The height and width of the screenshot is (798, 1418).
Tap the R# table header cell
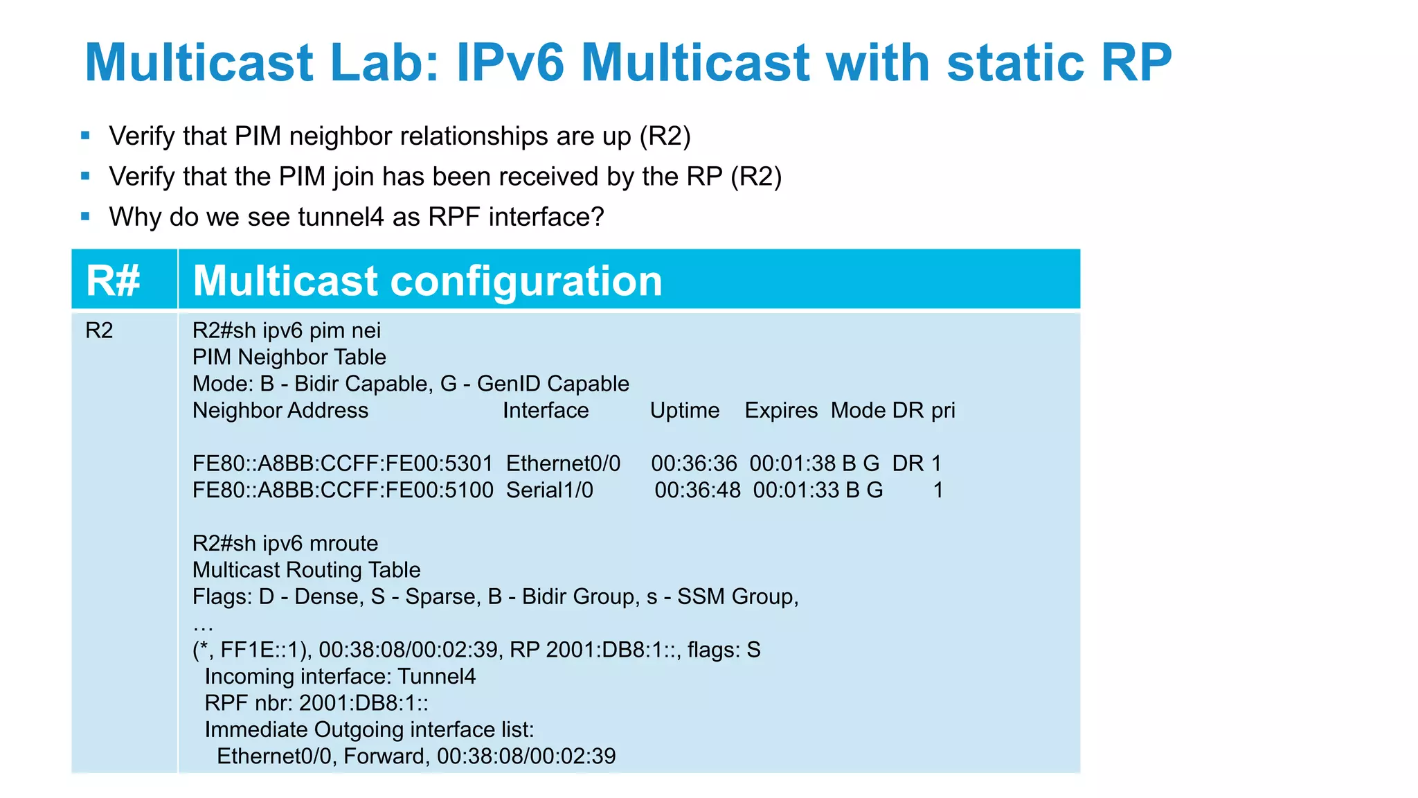coord(113,281)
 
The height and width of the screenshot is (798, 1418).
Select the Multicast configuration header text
coord(427,281)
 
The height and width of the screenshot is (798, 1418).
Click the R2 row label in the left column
coord(99,330)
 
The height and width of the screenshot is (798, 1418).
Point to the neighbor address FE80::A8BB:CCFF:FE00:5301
coord(342,463)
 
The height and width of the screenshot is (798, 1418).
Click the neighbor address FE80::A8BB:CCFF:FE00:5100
coord(342,490)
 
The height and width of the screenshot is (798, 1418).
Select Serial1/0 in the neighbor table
coord(549,490)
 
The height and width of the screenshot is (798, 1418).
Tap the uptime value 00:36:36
coord(694,463)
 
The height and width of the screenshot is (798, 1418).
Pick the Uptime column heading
coord(684,410)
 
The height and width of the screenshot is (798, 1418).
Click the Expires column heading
coord(781,410)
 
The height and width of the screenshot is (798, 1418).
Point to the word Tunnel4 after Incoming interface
coord(437,676)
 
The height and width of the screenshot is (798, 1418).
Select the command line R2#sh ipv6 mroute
coord(285,543)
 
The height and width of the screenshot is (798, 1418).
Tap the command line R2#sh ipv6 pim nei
coord(286,330)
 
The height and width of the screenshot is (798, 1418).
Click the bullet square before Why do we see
coord(85,217)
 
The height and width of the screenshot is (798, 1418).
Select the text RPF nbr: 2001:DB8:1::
coord(316,703)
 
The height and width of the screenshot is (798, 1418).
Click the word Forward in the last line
coord(384,756)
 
